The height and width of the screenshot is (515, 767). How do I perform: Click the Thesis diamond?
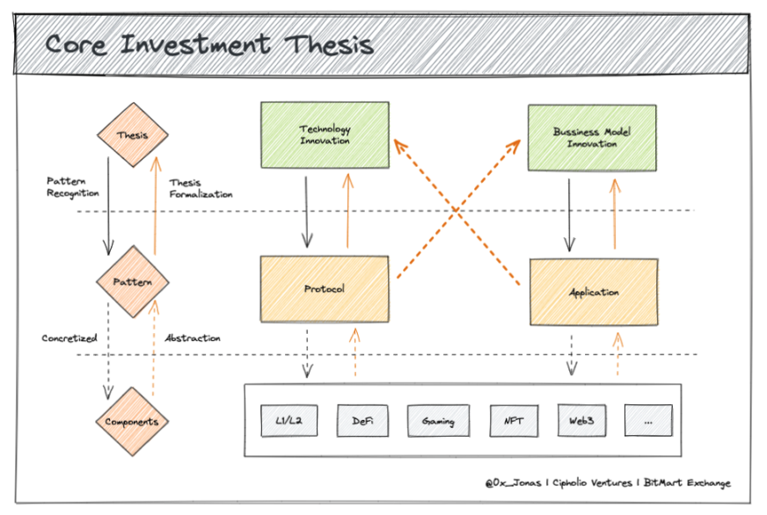[x=133, y=134]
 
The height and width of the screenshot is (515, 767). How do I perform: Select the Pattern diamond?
[x=133, y=282]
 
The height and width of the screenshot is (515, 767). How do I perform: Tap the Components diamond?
[x=132, y=422]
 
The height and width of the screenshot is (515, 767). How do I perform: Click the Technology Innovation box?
[x=325, y=134]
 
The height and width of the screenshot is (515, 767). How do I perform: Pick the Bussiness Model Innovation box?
[x=592, y=138]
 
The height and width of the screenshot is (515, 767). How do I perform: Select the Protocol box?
[x=325, y=289]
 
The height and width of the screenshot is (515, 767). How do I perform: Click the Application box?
[x=594, y=292]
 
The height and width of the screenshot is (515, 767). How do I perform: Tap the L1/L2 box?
[x=289, y=420]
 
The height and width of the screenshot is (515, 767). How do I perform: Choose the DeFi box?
[x=362, y=420]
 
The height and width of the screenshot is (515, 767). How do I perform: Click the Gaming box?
[x=438, y=420]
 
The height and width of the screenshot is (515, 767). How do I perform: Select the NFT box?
[x=514, y=420]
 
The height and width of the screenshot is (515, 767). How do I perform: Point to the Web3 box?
[x=581, y=420]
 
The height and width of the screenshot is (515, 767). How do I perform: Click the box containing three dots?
[x=648, y=420]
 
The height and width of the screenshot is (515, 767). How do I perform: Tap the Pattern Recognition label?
[x=72, y=187]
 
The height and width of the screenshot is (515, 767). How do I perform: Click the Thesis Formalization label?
[x=201, y=189]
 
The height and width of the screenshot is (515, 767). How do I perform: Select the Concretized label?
[x=69, y=338]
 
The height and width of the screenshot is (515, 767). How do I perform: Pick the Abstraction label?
[x=193, y=337]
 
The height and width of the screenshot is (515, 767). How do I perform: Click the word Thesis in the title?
[x=329, y=45]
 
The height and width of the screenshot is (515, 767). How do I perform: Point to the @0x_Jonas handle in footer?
[x=513, y=482]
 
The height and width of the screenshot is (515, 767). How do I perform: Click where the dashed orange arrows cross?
[x=457, y=210]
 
